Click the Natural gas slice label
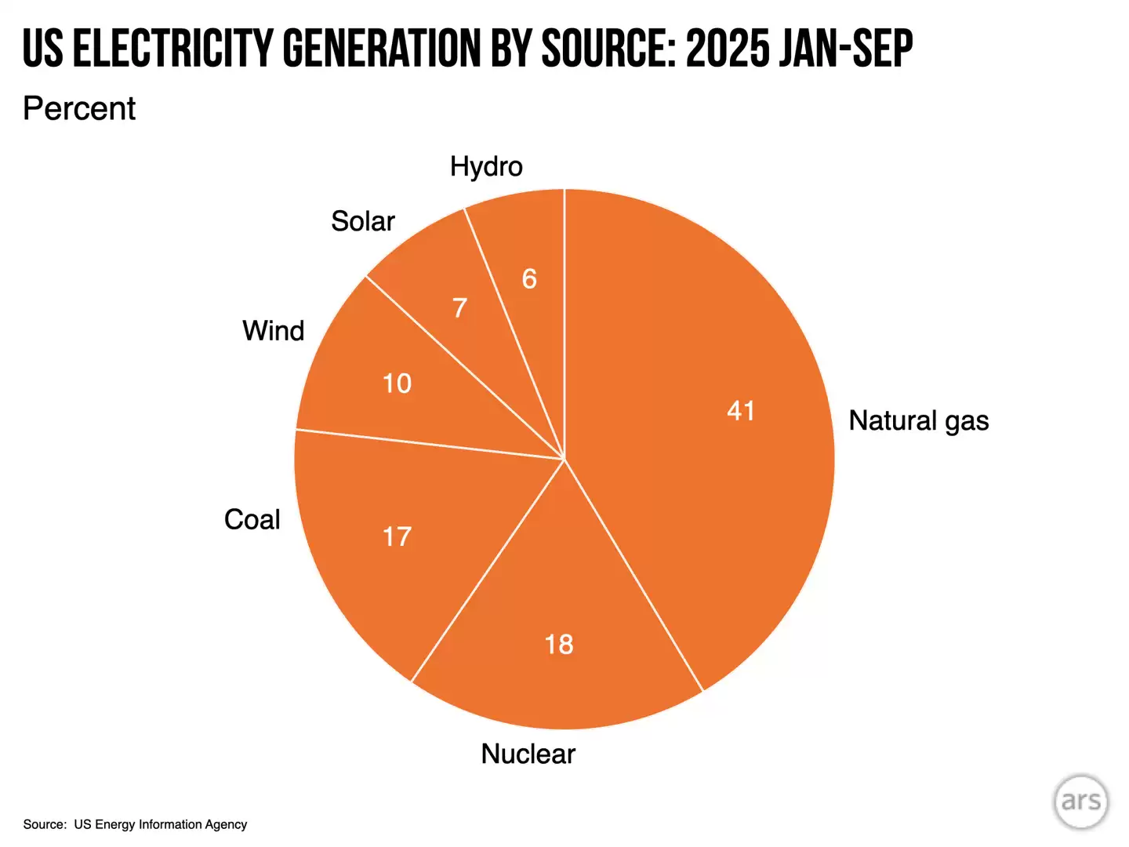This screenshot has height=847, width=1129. point(918,421)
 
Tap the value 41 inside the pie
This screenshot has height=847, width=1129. point(741,410)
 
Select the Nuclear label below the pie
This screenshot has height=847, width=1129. point(528,754)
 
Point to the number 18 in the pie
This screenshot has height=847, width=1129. point(559,644)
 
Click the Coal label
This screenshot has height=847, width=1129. point(252,519)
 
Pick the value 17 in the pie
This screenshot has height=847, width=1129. point(397,536)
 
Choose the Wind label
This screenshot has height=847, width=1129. point(273,331)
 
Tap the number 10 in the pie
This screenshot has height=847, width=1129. point(397,384)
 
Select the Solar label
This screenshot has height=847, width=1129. point(362,221)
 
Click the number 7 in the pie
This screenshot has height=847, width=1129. point(460,307)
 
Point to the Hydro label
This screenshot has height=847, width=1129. point(486,166)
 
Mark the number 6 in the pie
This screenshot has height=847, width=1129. point(529,278)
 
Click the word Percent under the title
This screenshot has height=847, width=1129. point(79,108)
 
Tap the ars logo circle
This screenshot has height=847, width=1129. point(1081,802)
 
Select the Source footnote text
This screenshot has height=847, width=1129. point(135,824)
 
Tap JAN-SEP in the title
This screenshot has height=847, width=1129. point(847,49)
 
